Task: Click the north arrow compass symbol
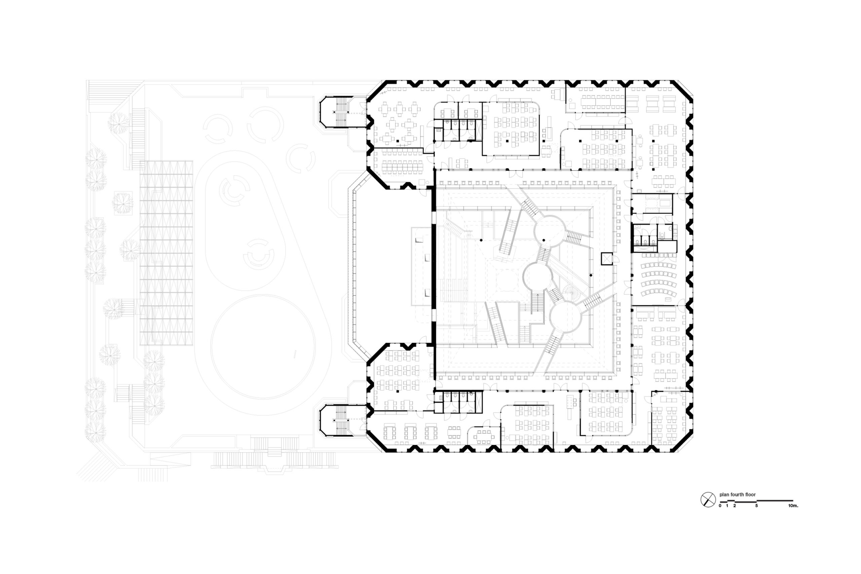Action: pos(708,500)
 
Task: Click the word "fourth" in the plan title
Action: pos(736,495)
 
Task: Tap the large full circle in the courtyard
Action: pos(262,347)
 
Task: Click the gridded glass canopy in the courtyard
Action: pos(166,253)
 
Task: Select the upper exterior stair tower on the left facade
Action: pos(343,112)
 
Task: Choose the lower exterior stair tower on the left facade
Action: pos(343,421)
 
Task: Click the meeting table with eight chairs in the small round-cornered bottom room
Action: pos(484,436)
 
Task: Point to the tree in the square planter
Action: pos(123,203)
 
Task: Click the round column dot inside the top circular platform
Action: pos(544,240)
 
